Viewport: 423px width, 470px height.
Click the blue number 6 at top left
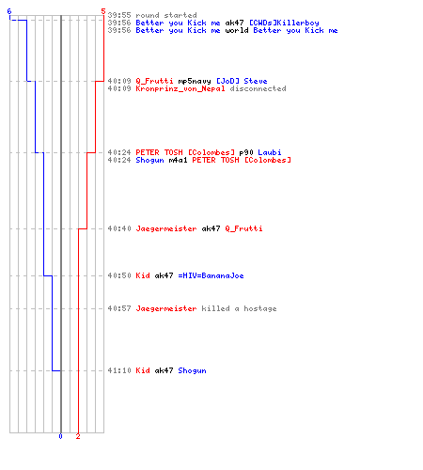9,11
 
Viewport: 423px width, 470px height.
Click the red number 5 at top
103,11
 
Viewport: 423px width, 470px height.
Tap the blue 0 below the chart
60,436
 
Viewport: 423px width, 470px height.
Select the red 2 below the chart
78,436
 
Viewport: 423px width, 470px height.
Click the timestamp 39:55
119,15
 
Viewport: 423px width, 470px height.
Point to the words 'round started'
166,15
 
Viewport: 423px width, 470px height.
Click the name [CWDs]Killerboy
284,23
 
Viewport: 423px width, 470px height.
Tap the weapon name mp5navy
195,81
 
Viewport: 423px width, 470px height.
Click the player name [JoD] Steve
242,81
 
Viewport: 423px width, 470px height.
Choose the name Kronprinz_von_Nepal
180,88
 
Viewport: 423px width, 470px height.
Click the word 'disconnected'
258,88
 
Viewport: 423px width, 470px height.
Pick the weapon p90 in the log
246,152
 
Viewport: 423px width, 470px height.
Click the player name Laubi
270,152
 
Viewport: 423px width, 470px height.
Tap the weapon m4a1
178,160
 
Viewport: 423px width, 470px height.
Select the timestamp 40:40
119,228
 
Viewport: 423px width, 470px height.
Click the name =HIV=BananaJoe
211,275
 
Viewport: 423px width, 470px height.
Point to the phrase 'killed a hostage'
239,308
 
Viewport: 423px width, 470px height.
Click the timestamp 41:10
119,370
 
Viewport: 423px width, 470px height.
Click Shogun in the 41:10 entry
192,370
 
